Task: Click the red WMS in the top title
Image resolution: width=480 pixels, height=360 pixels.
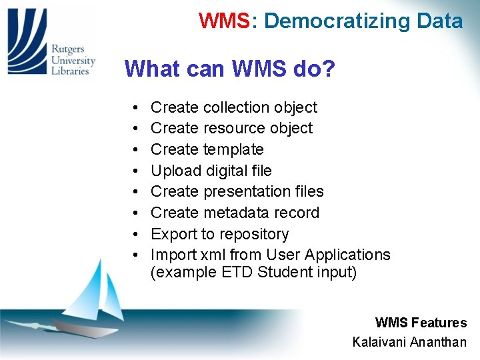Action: click(x=223, y=21)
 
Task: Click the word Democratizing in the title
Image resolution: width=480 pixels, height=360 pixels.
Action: click(x=329, y=21)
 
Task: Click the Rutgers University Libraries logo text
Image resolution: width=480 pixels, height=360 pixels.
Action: click(x=73, y=60)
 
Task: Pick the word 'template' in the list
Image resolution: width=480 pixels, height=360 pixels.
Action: click(x=233, y=149)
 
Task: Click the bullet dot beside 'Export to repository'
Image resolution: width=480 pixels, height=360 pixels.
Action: click(x=135, y=235)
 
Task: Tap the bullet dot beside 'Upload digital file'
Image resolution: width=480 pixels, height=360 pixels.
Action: click(x=135, y=171)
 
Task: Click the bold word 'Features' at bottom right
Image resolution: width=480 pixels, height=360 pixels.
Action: click(x=439, y=323)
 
